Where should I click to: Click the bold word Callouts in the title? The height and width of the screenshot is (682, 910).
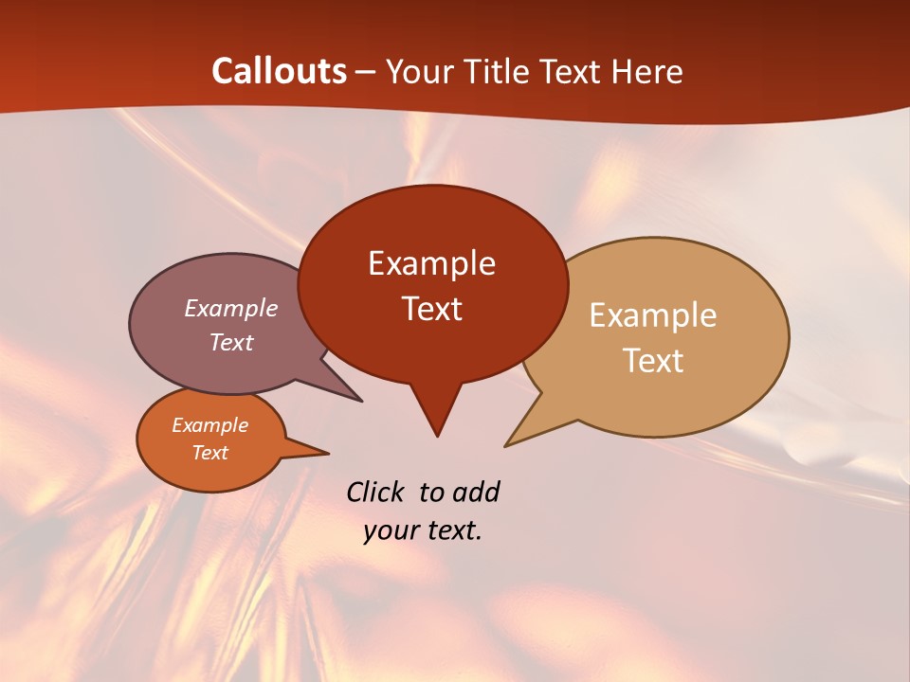click(279, 71)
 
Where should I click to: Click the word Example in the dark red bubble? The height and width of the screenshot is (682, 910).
click(431, 263)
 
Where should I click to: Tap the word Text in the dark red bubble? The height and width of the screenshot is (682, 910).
click(431, 309)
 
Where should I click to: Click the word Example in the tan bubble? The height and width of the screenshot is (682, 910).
click(653, 315)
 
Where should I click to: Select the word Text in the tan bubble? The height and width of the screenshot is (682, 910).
click(653, 361)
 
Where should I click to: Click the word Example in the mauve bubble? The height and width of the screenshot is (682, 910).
click(231, 308)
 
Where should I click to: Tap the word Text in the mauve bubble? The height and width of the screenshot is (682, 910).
click(231, 342)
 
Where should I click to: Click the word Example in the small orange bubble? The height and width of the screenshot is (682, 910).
click(209, 425)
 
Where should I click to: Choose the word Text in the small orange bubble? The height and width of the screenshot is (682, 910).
click(209, 453)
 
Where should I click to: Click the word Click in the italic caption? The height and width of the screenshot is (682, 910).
click(376, 492)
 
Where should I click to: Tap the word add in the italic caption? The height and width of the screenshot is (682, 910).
click(476, 492)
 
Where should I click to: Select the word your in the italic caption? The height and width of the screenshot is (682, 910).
click(391, 531)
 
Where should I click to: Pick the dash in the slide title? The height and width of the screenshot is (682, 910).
click(367, 72)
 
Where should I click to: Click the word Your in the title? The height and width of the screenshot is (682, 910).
click(417, 71)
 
